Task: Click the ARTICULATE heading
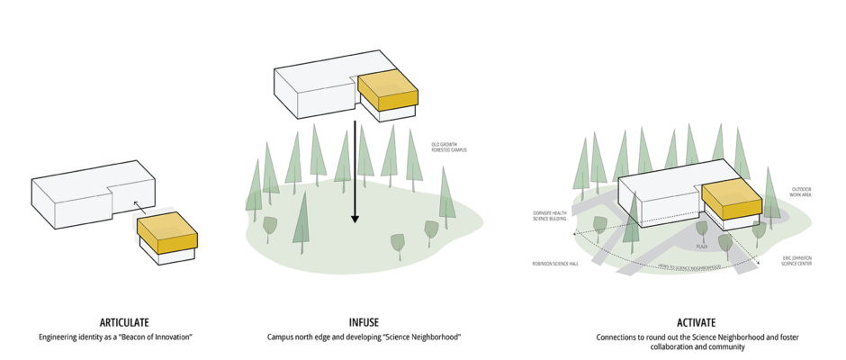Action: click(125, 322)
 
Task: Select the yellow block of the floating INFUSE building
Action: click(387, 91)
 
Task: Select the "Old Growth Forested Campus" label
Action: click(449, 148)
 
